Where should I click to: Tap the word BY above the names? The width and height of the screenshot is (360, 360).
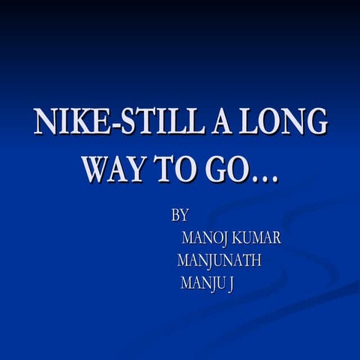pos(180,216)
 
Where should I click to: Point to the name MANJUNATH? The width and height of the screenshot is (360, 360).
pos(218,261)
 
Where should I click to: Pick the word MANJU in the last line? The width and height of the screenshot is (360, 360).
pos(202,283)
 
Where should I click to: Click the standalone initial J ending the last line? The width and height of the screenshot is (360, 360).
pos(229,284)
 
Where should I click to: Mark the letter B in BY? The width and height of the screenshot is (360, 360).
pos(175,216)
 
